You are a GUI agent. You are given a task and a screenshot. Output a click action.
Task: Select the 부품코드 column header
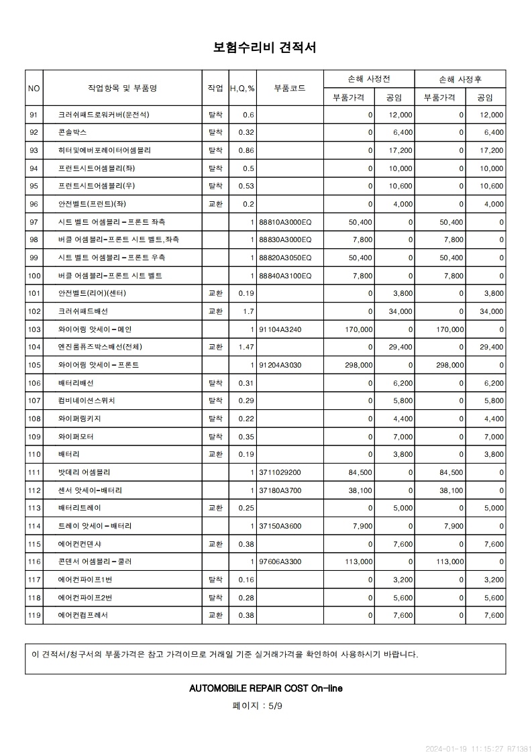point(290,88)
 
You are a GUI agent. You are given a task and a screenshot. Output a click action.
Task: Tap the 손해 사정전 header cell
point(369,78)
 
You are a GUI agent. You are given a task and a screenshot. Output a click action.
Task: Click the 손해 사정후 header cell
point(460,78)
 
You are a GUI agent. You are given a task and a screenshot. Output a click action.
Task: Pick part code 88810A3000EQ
point(285,222)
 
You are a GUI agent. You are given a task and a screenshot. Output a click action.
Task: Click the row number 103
point(34,329)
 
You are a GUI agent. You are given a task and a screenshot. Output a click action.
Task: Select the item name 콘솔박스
point(72,133)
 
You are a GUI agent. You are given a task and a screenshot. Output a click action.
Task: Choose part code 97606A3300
point(280,561)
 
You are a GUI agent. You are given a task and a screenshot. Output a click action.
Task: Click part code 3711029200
point(280,472)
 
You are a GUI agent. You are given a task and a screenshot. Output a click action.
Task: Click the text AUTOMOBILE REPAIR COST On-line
point(266,688)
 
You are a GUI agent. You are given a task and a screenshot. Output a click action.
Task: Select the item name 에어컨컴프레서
point(83,614)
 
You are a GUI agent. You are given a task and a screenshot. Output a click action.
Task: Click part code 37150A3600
point(280,526)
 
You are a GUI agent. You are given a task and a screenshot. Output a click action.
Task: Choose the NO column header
point(34,88)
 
